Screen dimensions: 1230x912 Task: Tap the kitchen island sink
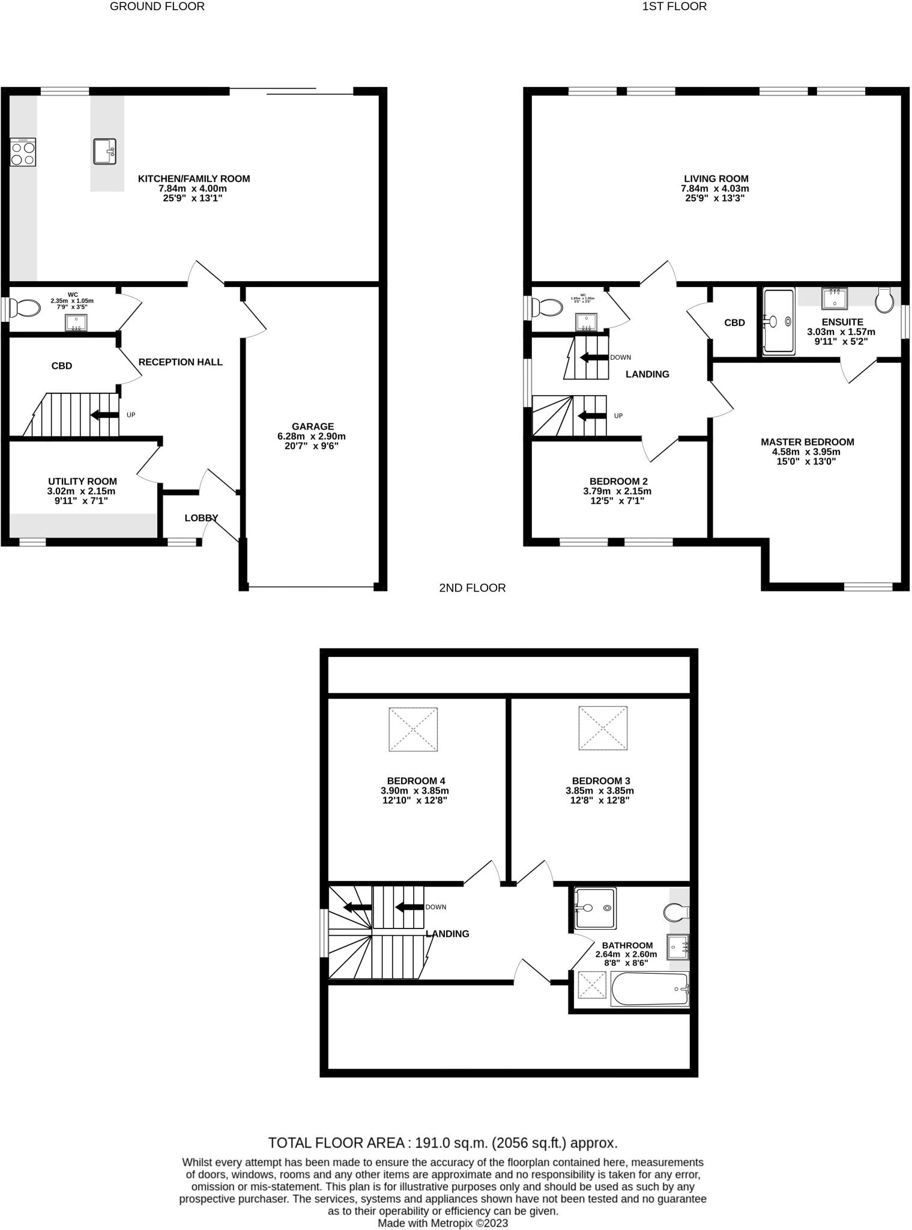click(x=104, y=151)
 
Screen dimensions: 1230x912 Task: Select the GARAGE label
click(x=312, y=426)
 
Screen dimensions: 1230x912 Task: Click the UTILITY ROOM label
click(x=82, y=481)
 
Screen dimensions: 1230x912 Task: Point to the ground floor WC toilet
click(x=25, y=308)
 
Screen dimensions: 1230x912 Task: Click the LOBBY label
click(x=201, y=518)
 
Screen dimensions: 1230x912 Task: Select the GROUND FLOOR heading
click(x=157, y=7)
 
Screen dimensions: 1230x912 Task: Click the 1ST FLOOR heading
click(x=674, y=7)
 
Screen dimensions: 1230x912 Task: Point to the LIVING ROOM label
click(x=716, y=178)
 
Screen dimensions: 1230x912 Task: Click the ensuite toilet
click(x=884, y=300)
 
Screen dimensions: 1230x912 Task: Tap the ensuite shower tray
click(x=779, y=321)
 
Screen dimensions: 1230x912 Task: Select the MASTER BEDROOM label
click(x=807, y=441)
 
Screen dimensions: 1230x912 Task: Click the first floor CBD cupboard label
click(x=734, y=323)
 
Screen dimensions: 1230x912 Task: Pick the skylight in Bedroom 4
click(x=413, y=729)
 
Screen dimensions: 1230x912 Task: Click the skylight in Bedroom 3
click(x=603, y=728)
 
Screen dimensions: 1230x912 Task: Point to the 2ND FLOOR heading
click(x=472, y=588)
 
